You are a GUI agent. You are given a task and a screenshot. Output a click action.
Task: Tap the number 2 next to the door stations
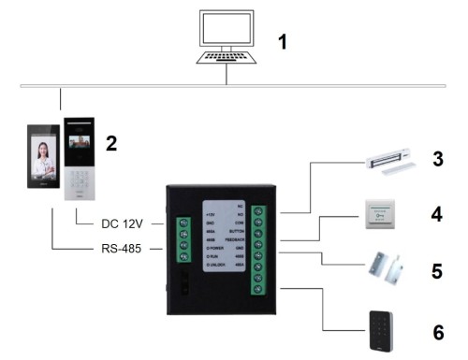[x=111, y=143]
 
